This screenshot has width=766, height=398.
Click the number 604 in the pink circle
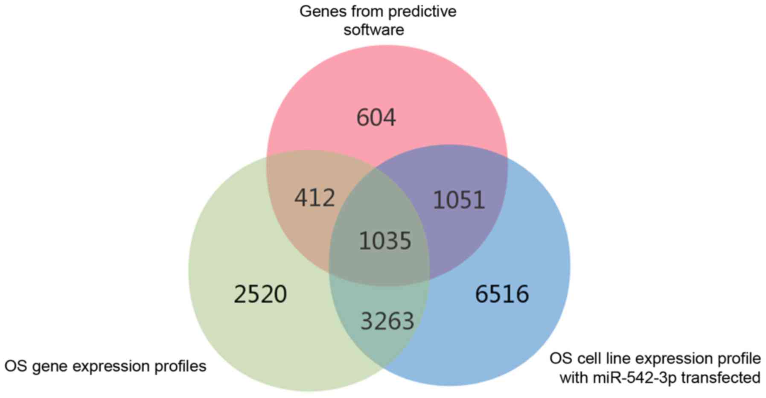pos(376,118)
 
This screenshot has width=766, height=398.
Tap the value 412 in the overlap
pos(315,198)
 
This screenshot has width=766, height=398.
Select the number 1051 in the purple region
pos(459,200)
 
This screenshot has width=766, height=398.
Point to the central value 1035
pos(385,241)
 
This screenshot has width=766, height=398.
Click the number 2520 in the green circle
pos(260,294)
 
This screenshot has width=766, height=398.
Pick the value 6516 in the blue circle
pos(502,294)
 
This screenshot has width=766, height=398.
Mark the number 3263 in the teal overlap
pos(387,321)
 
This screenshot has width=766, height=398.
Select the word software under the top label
pos(374,30)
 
